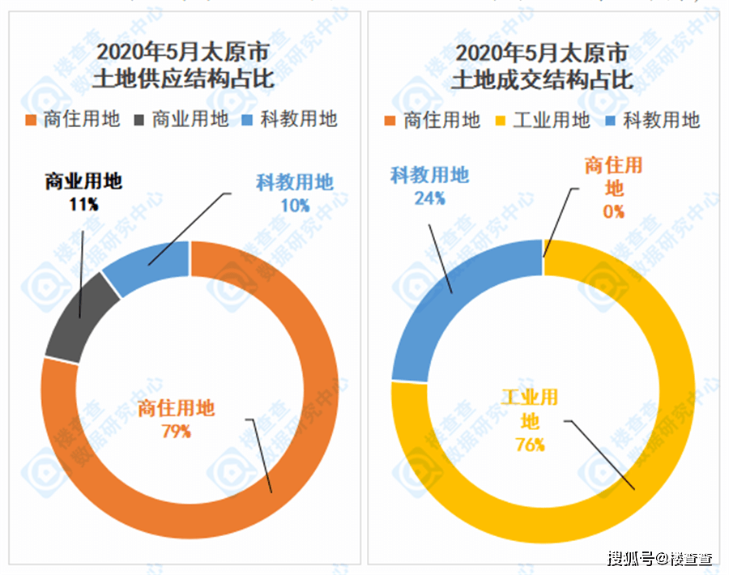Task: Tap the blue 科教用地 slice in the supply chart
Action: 149,264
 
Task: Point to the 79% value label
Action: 177,432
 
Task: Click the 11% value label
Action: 83,204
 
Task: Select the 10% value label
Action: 295,206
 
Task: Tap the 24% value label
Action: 429,198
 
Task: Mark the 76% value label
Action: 530,445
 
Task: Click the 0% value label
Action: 614,212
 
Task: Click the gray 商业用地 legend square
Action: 139,120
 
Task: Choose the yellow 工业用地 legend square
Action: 501,121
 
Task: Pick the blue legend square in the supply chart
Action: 247,120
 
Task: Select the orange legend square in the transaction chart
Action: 390,121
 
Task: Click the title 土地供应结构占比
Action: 183,79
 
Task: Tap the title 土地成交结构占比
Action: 542,79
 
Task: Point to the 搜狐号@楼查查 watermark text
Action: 660,558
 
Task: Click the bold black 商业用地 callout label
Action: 83,181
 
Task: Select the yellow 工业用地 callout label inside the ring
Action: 530,409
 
